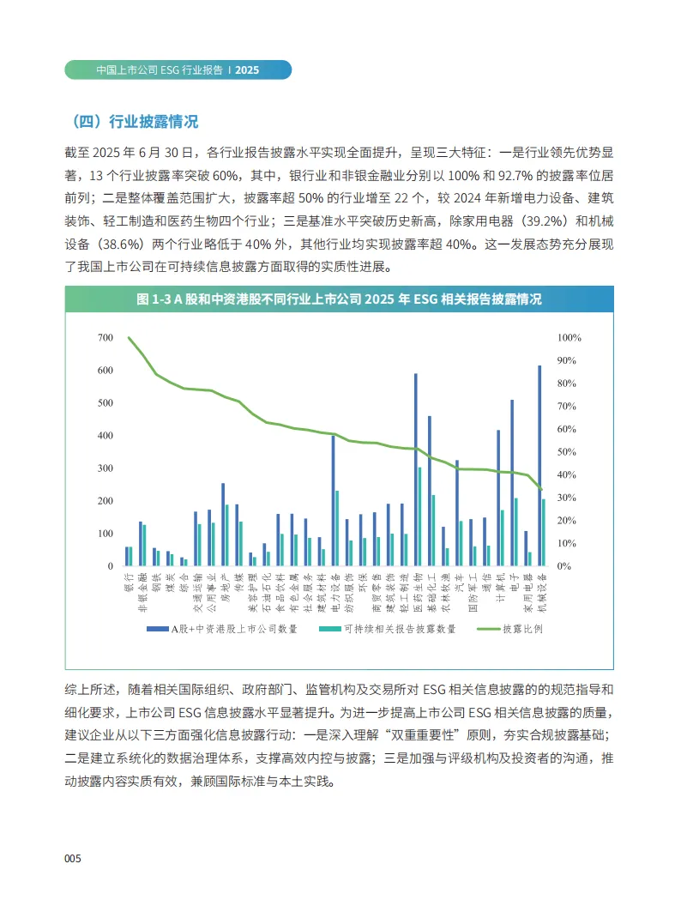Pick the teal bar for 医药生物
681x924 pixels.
(419, 516)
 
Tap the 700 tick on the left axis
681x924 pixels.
(105, 338)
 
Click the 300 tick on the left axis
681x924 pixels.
(105, 468)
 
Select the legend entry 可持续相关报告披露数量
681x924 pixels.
(399, 629)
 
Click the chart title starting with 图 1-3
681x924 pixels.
(340, 299)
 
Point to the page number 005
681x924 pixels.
(73, 859)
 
